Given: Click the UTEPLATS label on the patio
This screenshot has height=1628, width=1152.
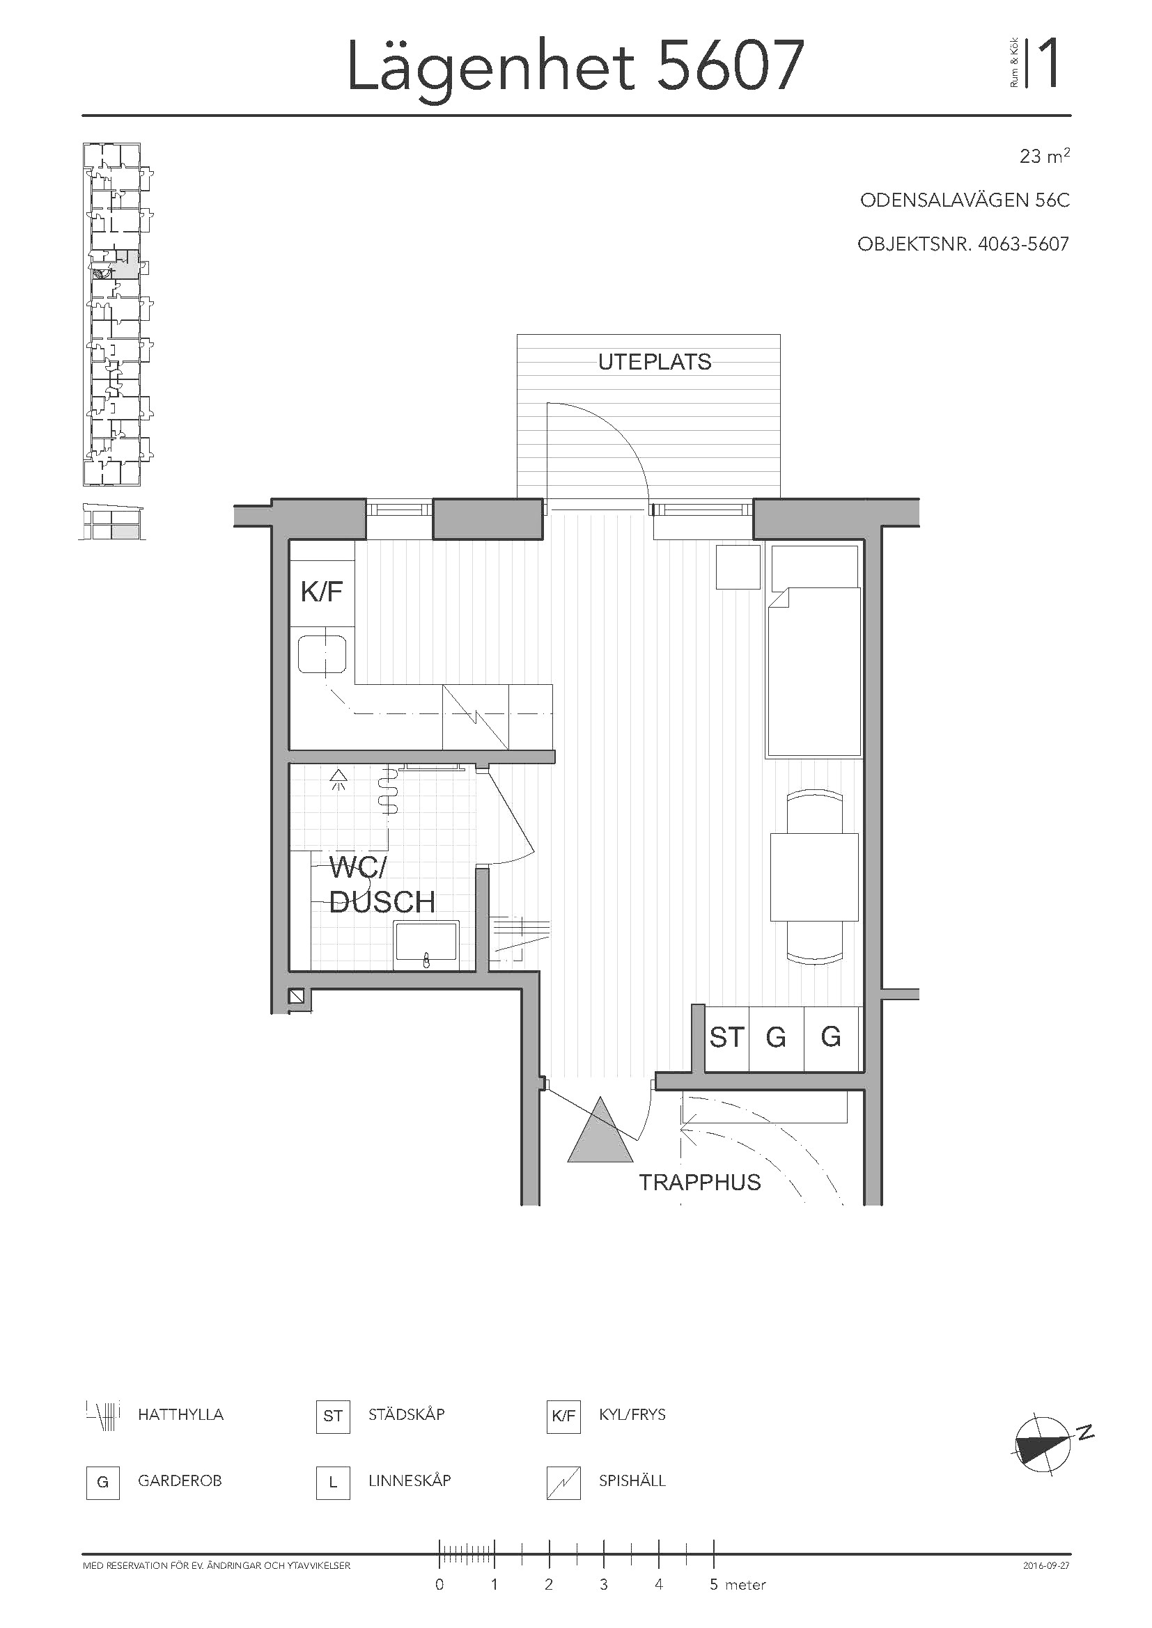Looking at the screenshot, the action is (654, 363).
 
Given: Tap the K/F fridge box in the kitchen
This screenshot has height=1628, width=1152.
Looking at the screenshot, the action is (322, 584).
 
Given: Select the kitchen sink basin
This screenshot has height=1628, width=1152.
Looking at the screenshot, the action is (322, 654).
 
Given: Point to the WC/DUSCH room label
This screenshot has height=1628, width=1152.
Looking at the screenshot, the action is (382, 885).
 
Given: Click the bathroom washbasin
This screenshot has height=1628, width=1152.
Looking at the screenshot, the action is (426, 945).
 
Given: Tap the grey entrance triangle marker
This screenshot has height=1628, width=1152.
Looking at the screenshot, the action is (600, 1130).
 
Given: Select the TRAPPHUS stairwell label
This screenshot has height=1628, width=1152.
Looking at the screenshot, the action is (699, 1182).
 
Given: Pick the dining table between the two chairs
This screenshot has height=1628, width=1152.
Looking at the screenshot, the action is (814, 877).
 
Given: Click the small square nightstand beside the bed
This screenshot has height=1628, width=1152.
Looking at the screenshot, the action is (738, 567).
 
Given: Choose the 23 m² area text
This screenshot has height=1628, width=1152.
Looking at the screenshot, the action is (1044, 155).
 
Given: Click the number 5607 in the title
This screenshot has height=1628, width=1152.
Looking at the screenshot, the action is (731, 66).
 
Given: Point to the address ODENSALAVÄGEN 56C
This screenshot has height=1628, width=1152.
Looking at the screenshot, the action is (965, 200).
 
